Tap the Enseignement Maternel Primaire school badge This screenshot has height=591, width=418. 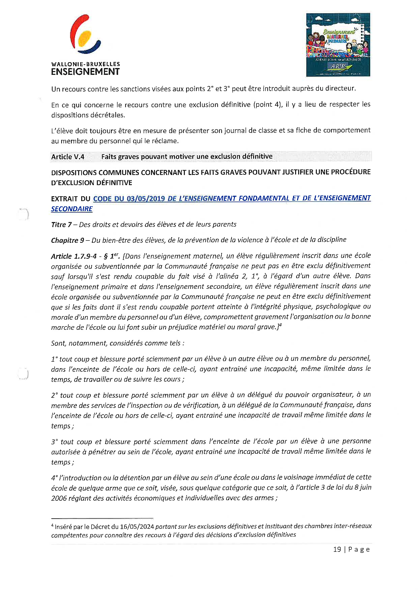coord(338,45)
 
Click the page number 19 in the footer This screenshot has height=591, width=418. coord(337,549)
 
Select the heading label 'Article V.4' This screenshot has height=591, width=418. coord(68,157)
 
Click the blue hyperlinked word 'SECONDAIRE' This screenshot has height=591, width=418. coord(72,209)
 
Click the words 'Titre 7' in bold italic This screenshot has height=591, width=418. coord(61,225)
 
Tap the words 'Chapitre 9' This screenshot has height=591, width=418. coord(68,240)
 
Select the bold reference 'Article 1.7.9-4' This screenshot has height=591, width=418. coord(74,256)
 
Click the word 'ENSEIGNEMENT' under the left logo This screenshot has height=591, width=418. coord(85,72)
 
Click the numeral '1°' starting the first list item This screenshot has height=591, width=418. coord(54,359)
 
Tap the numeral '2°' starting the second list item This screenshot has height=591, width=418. coord(54,395)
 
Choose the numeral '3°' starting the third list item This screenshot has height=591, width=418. coord(54,442)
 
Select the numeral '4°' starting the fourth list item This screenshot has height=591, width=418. coord(54,478)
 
